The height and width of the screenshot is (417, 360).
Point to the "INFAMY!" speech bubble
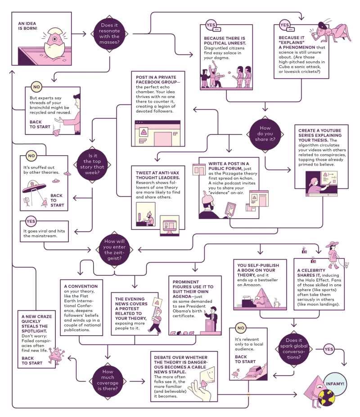[335, 384]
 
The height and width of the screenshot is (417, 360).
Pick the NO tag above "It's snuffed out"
[31, 156]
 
